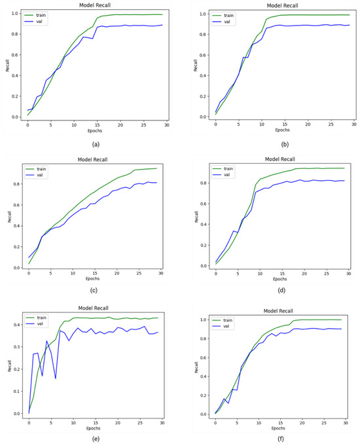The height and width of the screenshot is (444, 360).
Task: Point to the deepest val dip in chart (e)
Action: pyautogui.click(x=56, y=379)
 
